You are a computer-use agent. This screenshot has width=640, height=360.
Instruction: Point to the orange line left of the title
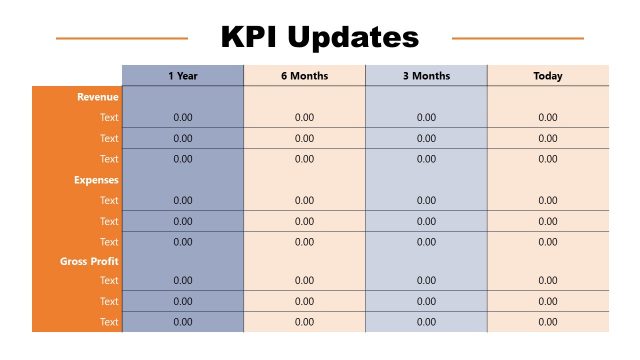point(121,39)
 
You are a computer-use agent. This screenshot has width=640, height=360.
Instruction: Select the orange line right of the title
point(518,39)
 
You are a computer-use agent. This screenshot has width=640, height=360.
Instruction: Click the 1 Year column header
point(182,76)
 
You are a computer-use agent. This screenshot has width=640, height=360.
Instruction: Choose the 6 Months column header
point(304,76)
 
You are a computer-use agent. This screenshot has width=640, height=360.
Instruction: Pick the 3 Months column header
point(426,76)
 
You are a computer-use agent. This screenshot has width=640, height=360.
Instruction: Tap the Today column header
point(548,76)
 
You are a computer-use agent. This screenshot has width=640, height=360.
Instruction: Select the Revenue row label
point(98,97)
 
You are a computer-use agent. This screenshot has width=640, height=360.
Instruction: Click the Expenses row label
point(96,180)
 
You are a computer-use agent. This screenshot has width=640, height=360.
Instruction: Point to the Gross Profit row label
point(89,261)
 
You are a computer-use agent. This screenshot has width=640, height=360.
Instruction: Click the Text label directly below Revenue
point(109,118)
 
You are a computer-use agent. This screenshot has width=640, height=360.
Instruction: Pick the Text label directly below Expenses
point(109,200)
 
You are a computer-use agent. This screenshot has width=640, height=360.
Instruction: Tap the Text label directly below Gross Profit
point(109,281)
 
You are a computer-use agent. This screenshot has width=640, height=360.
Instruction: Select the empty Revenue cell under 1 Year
point(182,97)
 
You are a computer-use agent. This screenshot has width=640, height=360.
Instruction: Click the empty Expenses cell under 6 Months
point(304,180)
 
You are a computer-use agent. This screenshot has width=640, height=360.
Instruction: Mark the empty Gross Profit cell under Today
point(548,261)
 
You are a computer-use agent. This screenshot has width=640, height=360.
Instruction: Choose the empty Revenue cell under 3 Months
point(426,97)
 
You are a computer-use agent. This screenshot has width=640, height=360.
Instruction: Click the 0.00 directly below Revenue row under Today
point(548,118)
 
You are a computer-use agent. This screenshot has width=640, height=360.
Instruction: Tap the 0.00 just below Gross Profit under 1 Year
point(183,281)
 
